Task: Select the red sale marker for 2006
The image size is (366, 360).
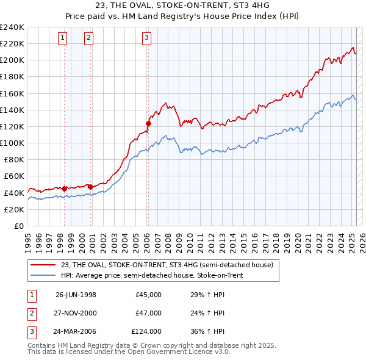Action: click(x=148, y=123)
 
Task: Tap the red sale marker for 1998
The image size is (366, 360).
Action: click(x=65, y=189)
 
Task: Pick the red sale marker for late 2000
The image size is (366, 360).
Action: click(x=90, y=187)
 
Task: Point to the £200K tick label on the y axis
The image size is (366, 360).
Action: click(x=12, y=60)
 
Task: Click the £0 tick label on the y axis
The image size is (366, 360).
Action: click(x=18, y=226)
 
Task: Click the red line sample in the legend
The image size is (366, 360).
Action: click(x=43, y=264)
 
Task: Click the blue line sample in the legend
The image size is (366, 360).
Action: click(x=43, y=275)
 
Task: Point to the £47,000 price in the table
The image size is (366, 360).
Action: click(x=148, y=313)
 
